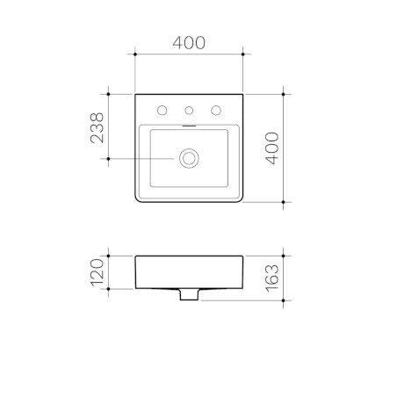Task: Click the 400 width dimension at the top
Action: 189,40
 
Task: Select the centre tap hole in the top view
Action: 189,111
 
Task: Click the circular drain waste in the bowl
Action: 189,158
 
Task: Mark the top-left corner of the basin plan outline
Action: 136,93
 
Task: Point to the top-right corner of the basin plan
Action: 242,93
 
